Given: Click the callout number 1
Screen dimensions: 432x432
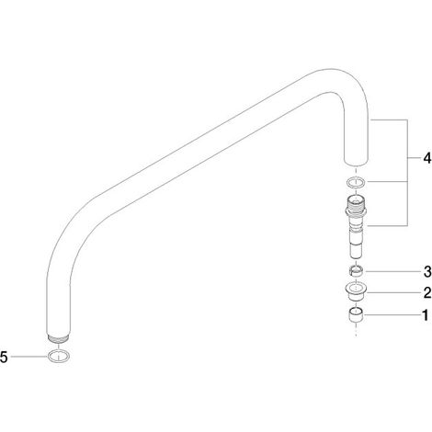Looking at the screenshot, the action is click(426, 315).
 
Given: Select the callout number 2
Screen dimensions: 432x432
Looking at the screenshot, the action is click(427, 293).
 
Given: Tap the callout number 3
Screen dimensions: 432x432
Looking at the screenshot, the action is click(427, 272).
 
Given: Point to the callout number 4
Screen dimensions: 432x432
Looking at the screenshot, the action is click(427, 158).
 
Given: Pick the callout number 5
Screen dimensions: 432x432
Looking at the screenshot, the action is click(4, 357).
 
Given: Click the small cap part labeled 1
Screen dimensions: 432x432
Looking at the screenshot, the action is click(356, 315).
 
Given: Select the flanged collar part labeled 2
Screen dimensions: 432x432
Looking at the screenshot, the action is click(356, 292).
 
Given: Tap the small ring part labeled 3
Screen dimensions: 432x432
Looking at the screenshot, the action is click(356, 271).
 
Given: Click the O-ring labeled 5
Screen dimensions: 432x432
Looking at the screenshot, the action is click(58, 360).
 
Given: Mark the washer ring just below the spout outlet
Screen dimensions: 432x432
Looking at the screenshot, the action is click(356, 187).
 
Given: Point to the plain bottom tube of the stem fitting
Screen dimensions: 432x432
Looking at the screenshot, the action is click(356, 249).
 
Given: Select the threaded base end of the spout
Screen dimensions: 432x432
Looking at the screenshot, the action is click(58, 339).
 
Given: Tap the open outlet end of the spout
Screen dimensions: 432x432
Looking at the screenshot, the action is click(356, 163).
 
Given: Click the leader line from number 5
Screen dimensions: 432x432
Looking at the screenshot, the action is click(28, 357).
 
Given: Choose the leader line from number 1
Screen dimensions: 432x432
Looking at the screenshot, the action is click(392, 315).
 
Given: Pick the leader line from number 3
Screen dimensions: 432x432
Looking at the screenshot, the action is click(392, 271).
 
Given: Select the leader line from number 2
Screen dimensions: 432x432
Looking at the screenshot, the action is click(394, 293).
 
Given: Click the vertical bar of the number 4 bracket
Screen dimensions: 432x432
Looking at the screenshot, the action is click(407, 173).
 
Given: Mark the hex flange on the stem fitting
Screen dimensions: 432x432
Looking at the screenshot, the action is click(356, 211).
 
